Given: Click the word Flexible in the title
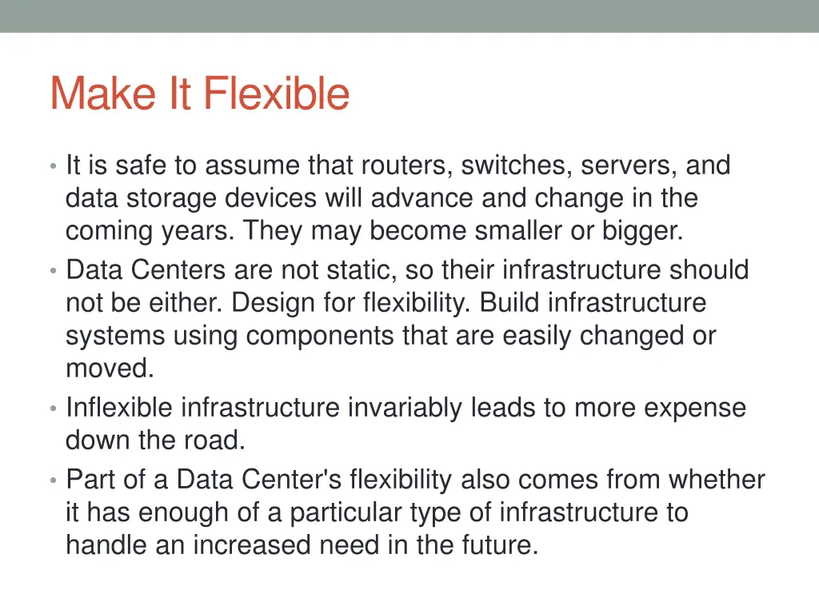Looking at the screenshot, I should pyautogui.click(x=276, y=94).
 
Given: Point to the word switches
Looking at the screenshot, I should pyautogui.click(x=517, y=165).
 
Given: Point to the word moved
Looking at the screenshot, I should pyautogui.click(x=109, y=369).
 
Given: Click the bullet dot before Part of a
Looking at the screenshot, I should pyautogui.click(x=52, y=481).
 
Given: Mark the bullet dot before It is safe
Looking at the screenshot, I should pyautogui.click(x=52, y=167).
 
